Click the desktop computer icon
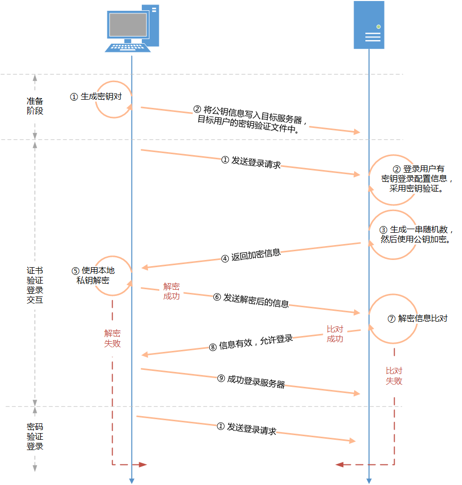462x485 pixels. coord(132,28)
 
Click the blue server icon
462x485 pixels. coord(369,25)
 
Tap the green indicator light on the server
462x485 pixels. coord(378,27)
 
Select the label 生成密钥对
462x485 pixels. coord(101,97)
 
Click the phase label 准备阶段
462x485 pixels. coord(34,106)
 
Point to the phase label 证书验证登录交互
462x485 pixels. coord(34,285)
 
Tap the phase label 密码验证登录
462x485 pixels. coord(34,436)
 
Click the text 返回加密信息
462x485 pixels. coord(256,254)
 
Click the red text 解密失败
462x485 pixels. coord(113,339)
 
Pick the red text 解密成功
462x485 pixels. coord(172,291)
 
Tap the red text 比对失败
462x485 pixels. coord(394,376)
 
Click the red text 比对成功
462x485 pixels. coord(335,334)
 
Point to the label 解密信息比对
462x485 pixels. coord(423,319)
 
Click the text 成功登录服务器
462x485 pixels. coord(256,381)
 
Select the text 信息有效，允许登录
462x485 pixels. coord(256,342)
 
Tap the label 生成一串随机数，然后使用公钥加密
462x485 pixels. coord(416,234)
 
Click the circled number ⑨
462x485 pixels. coord(221,378)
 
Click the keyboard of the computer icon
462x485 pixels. coord(127,48)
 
